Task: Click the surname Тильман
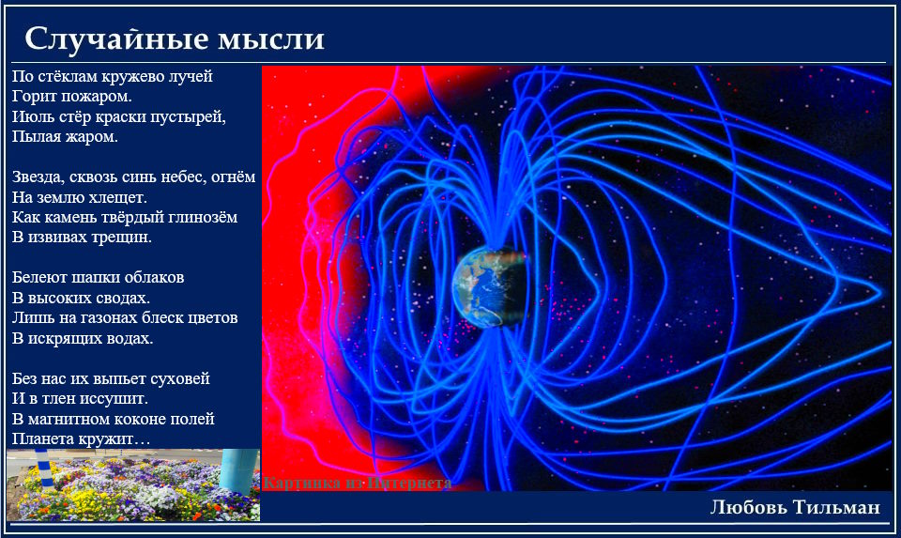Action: click(x=836, y=507)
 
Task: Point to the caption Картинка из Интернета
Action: click(x=357, y=483)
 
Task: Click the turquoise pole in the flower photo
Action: click(x=237, y=470)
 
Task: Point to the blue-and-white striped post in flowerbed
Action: click(x=44, y=469)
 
